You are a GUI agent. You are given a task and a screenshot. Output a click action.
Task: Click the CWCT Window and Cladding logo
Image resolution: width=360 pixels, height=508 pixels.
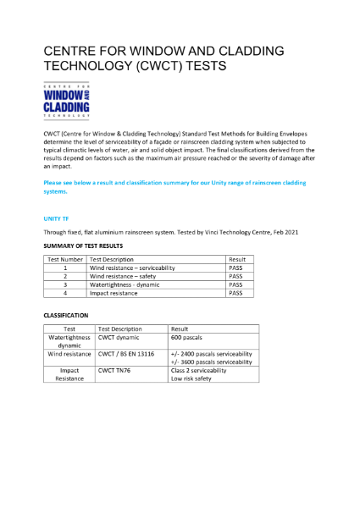click(66, 101)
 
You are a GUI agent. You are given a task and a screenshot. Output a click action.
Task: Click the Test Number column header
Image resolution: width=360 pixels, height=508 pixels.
click(65, 259)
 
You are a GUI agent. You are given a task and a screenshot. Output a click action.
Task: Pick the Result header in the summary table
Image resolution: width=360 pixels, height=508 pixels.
click(237, 259)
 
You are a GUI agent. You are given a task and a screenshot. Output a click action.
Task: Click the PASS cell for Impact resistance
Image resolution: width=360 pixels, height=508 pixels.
click(236, 293)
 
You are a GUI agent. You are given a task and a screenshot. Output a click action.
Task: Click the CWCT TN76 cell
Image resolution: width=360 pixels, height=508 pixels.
click(116, 370)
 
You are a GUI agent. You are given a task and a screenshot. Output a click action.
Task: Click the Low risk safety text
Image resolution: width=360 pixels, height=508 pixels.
click(191, 378)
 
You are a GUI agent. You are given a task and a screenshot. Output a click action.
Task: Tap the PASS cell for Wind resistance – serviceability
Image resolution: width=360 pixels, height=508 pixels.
click(236, 268)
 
